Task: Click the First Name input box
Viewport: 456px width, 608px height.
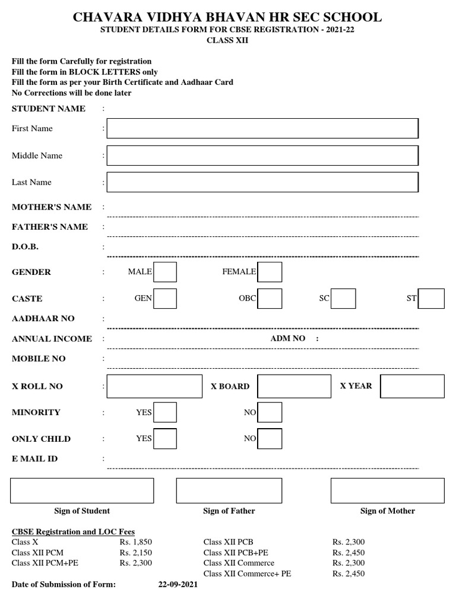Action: tap(262, 128)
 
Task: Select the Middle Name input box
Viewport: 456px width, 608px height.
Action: tap(262, 156)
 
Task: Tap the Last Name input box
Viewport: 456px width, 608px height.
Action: tap(262, 182)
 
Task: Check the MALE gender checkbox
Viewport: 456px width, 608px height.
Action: tap(165, 272)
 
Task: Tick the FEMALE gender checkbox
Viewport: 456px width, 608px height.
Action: tap(270, 272)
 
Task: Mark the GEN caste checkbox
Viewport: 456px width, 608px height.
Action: tap(165, 299)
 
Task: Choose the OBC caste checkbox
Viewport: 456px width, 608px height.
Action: tap(270, 299)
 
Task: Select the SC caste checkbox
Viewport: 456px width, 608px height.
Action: tap(343, 299)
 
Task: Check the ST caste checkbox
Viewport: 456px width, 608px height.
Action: tap(431, 299)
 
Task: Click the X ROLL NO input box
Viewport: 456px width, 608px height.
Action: tap(154, 386)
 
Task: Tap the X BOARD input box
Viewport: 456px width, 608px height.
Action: tap(294, 386)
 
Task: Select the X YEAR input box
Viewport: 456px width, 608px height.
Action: tap(412, 386)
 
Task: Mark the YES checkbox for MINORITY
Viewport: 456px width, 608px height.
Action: tap(165, 412)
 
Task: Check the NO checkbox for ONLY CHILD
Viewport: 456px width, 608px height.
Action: tap(270, 439)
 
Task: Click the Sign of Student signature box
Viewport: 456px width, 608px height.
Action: tap(82, 490)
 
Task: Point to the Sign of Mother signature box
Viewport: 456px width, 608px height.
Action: tap(387, 490)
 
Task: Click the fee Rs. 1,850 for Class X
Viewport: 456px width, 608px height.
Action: tap(136, 542)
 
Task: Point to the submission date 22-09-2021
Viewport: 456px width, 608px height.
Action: tap(178, 585)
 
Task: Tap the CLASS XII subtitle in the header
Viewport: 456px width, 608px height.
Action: tap(227, 40)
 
